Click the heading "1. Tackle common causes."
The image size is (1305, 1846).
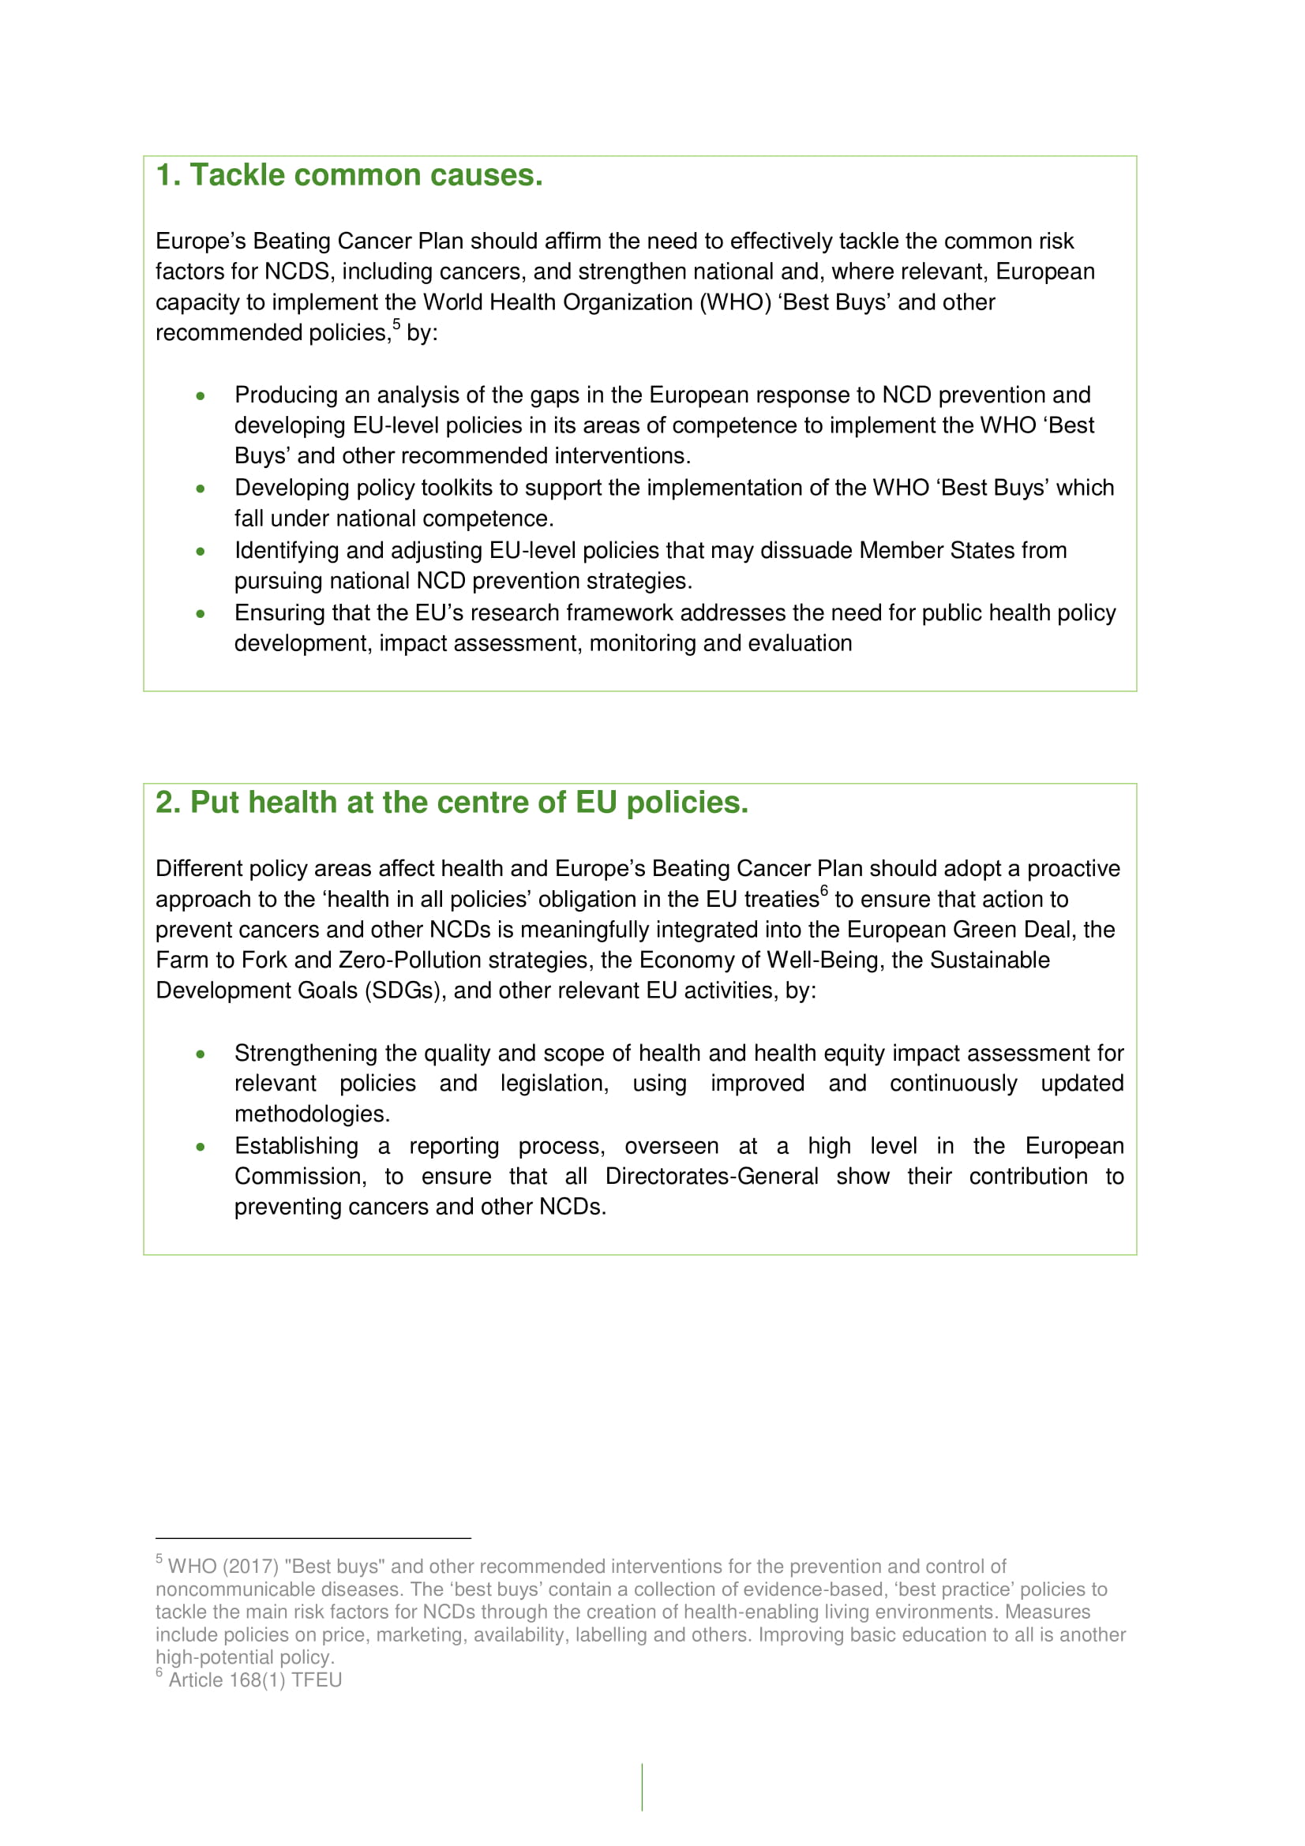click(349, 175)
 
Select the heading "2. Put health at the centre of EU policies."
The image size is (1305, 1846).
click(451, 803)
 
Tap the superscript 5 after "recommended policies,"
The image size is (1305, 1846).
click(396, 324)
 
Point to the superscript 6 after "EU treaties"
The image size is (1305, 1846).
click(824, 890)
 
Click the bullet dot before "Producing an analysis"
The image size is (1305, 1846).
click(201, 395)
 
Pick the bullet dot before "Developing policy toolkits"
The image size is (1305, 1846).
click(201, 489)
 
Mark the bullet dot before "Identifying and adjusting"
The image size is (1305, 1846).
click(201, 552)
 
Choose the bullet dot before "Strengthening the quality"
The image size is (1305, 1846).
click(201, 1054)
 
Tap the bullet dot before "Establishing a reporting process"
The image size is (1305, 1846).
click(201, 1148)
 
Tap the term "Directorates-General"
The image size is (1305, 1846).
click(711, 1177)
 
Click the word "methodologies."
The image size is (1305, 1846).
click(312, 1114)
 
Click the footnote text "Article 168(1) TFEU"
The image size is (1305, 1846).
click(255, 1679)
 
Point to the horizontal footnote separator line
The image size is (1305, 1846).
click(313, 1538)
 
